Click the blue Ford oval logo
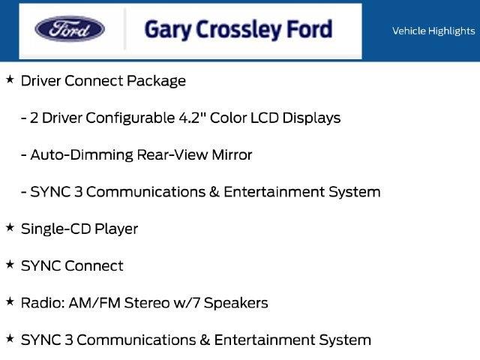tap(70, 28)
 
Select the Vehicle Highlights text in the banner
tap(433, 31)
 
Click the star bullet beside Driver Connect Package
tap(10, 79)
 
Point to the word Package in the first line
tap(156, 82)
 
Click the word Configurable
tap(130, 118)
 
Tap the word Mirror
tap(232, 154)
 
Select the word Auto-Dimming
tap(82, 155)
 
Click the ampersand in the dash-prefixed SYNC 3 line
tap(214, 192)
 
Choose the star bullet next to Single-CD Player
tap(10, 227)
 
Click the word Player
tap(116, 229)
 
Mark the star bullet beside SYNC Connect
tap(10, 265)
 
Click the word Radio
tap(43, 303)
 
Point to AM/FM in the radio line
tap(94, 303)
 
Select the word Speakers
tap(235, 303)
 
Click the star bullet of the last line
tap(10, 338)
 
